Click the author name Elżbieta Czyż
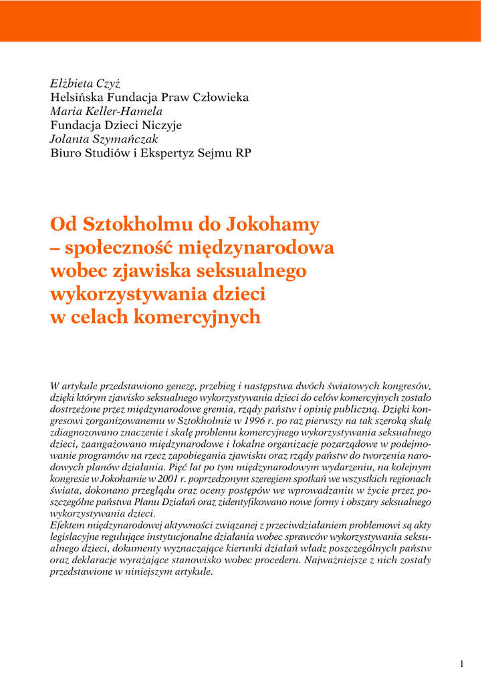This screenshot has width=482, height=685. point(85,84)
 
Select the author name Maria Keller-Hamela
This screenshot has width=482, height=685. point(106,111)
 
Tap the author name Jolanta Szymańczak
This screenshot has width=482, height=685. point(104,138)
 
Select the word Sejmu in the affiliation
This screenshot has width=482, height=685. point(213,153)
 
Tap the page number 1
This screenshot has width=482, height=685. point(461,664)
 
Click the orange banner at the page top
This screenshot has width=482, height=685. point(241,21)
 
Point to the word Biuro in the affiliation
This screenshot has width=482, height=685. point(66,153)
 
